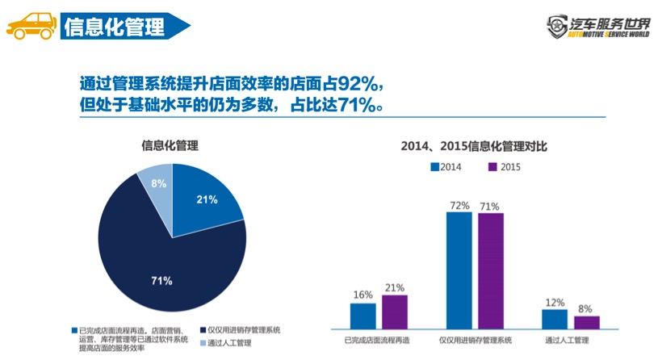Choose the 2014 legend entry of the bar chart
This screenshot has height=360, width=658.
pyautogui.click(x=444, y=167)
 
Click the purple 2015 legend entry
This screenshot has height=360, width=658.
pyautogui.click(x=505, y=167)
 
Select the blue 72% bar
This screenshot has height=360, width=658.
pyautogui.click(x=459, y=270)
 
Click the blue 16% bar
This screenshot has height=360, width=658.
pyautogui.click(x=363, y=316)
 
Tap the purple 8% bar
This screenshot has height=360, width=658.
pyautogui.click(x=587, y=321)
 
